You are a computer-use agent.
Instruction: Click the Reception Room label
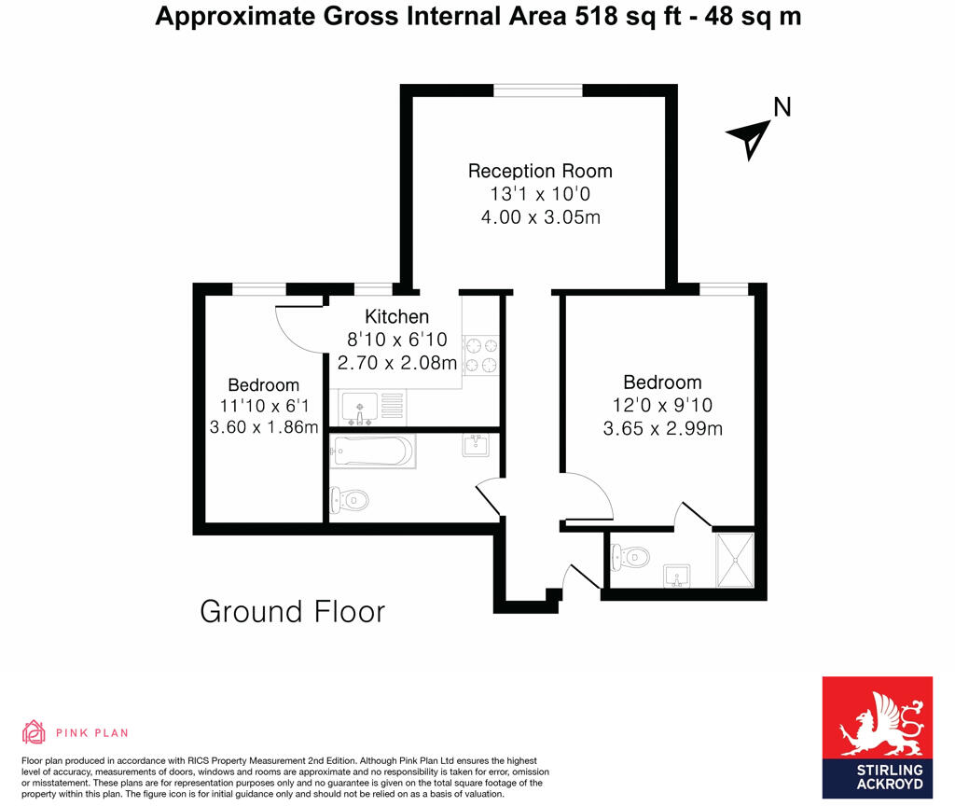click(540, 171)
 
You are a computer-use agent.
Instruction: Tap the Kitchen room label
click(396, 317)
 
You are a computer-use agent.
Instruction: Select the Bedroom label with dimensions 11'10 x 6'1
click(264, 385)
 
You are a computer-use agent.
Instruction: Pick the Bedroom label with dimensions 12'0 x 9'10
click(662, 382)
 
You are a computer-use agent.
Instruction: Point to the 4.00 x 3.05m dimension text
click(540, 217)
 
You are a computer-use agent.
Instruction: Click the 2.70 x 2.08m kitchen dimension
click(396, 362)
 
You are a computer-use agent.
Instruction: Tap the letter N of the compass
click(782, 108)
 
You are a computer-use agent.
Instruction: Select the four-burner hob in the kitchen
click(481, 354)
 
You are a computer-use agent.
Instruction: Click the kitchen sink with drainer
click(372, 406)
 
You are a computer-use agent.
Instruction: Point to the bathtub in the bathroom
click(371, 452)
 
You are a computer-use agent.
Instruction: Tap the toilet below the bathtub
click(349, 501)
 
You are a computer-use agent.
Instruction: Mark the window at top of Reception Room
click(538, 90)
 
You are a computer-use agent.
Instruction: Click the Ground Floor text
click(293, 612)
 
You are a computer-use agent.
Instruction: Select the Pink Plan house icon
click(34, 732)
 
